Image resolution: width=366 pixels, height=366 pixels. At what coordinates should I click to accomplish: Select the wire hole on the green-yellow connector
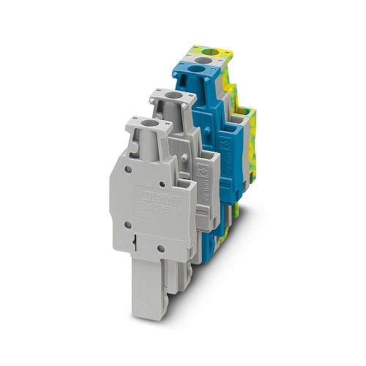[x=212, y=52]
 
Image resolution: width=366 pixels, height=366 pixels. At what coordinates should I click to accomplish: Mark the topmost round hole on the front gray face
[x=130, y=168]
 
